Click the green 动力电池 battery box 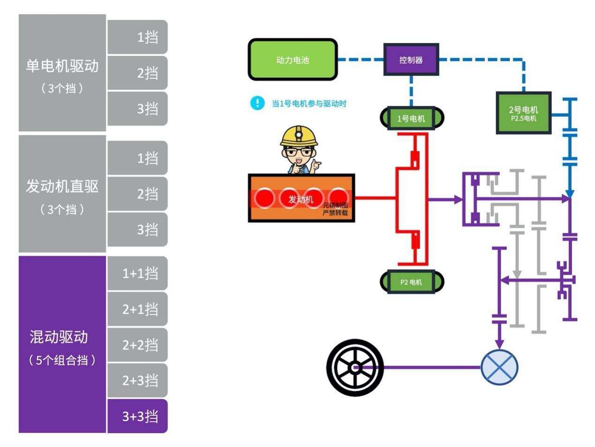(293, 60)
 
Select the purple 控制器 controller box (411, 60)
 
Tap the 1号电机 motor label (411, 118)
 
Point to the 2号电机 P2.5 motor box (523, 113)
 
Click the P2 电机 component (411, 282)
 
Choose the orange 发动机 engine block (301, 198)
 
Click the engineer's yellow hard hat (299, 136)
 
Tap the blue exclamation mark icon (257, 103)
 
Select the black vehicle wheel (355, 368)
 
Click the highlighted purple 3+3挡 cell (137, 416)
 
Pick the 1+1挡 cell (137, 273)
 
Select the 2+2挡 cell (137, 345)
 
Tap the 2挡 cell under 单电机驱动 (137, 73)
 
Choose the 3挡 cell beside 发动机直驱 (137, 229)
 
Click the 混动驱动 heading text (59, 337)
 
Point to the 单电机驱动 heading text (62, 66)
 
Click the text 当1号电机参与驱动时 (309, 104)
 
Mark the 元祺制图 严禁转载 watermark (335, 209)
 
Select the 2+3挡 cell (137, 380)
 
